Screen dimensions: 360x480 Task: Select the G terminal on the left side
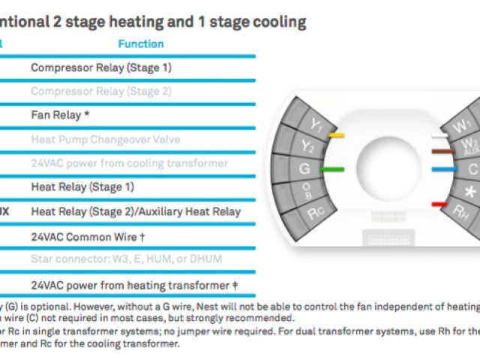pyautogui.click(x=304, y=169)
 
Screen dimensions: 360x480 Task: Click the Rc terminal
pyautogui.click(x=316, y=213)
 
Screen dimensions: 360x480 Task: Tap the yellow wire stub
pyautogui.click(x=337, y=136)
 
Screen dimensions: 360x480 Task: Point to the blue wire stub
pyautogui.click(x=444, y=169)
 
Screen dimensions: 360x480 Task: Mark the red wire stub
pyautogui.click(x=439, y=203)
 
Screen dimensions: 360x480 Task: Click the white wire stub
pyautogui.click(x=439, y=136)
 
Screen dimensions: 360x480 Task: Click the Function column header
pyautogui.click(x=140, y=44)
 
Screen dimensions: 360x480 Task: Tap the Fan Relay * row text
pyautogui.click(x=61, y=115)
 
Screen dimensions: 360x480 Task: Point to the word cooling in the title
pyautogui.click(x=274, y=22)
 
